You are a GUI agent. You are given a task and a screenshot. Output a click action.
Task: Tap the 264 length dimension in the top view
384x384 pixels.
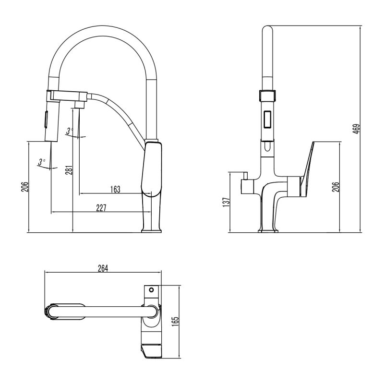pyautogui.click(x=103, y=268)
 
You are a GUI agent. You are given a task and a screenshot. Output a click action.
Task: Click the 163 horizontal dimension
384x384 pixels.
pyautogui.click(x=115, y=189)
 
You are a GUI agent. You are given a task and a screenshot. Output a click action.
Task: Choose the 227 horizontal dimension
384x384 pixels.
pyautogui.click(x=101, y=207)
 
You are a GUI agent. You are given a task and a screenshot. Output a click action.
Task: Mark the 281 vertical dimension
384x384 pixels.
pyautogui.click(x=68, y=170)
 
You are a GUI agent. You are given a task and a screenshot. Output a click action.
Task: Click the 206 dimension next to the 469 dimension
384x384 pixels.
pyautogui.click(x=336, y=187)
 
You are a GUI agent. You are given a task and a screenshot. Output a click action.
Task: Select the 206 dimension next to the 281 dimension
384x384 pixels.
pyautogui.click(x=24, y=187)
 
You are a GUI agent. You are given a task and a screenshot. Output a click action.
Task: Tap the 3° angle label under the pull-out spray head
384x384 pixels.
pyautogui.click(x=42, y=161)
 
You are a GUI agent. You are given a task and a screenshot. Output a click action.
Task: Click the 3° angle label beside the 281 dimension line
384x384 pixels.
pyautogui.click(x=70, y=131)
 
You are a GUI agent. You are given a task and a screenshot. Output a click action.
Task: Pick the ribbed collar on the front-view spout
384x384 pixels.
pyautogui.click(x=268, y=95)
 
